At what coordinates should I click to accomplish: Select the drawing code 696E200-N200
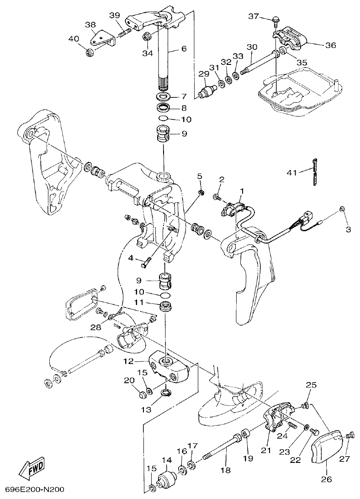click(32, 490)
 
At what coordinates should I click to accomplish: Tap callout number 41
click(291, 172)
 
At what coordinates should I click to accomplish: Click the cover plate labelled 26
click(328, 446)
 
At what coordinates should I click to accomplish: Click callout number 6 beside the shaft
click(184, 48)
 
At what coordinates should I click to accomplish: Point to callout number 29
click(203, 74)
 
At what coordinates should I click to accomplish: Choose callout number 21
click(266, 450)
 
